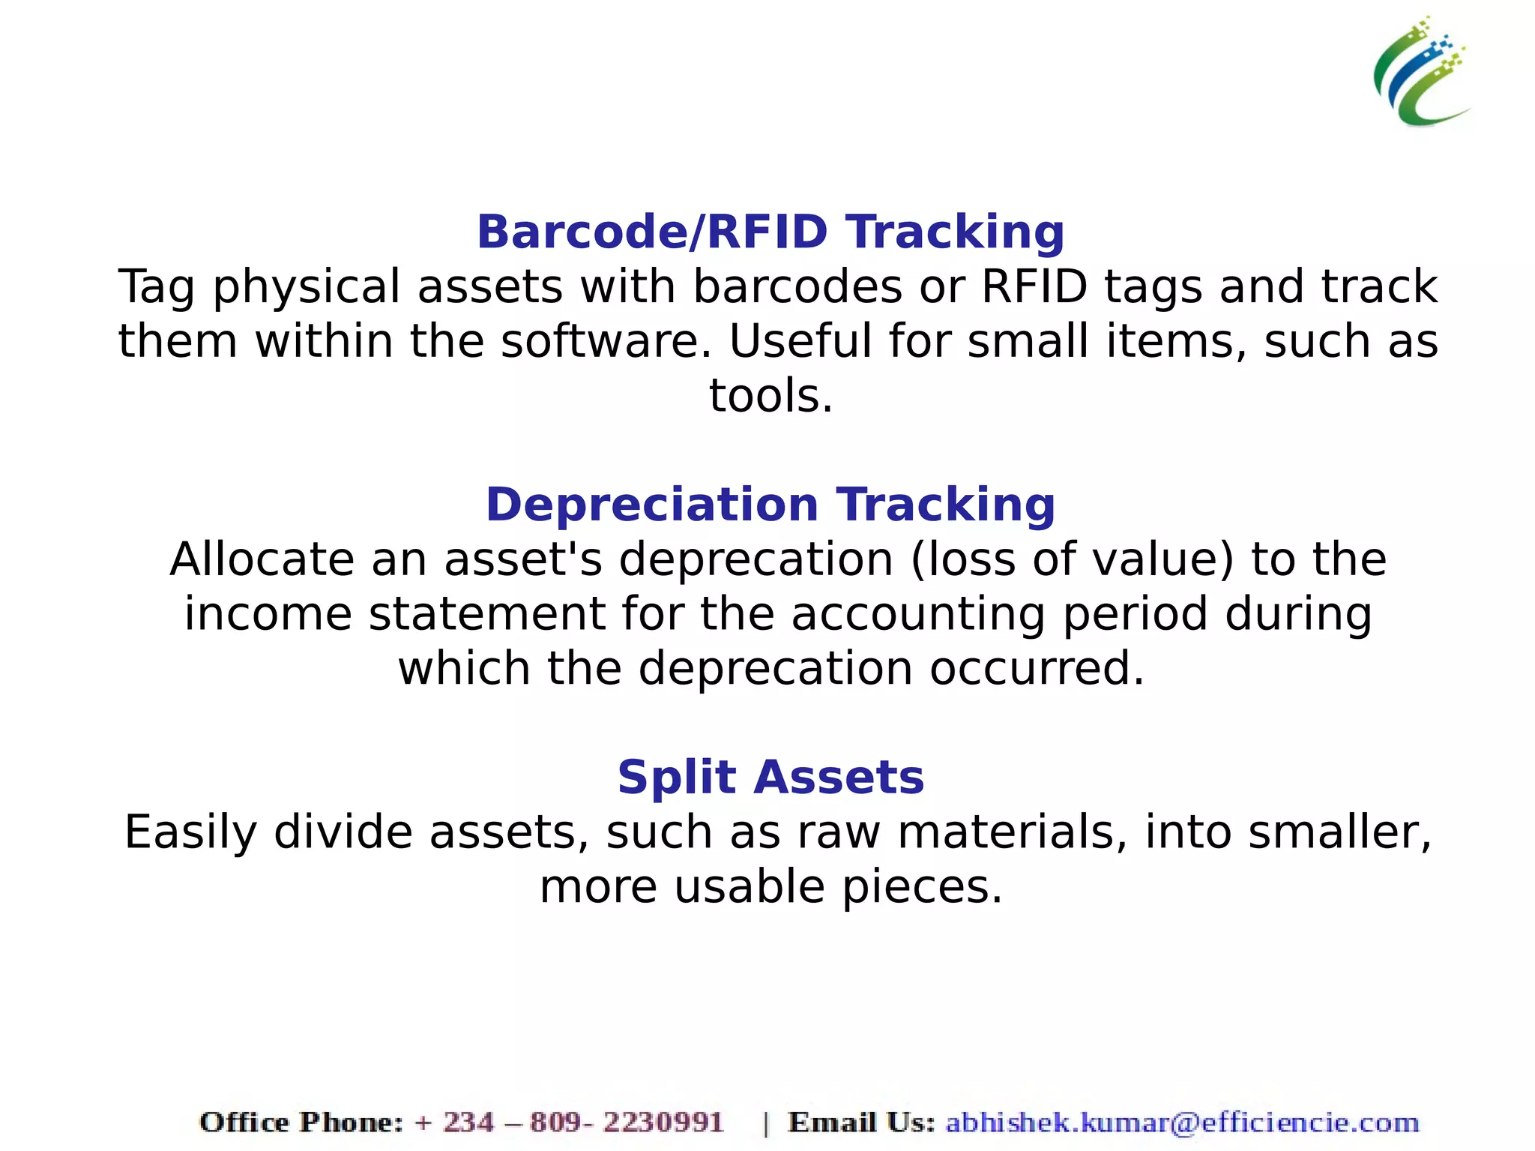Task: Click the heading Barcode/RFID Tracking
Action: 770,232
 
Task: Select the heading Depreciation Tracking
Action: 770,505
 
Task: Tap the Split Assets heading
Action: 770,778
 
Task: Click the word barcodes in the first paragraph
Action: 797,287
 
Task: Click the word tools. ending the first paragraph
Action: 770,396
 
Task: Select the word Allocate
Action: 262,560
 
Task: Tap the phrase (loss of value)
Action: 1072,560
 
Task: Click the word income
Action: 268,615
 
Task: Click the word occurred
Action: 1037,669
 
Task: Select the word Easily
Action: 190,833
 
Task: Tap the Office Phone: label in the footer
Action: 301,1123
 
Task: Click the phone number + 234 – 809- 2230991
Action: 569,1123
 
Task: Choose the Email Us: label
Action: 861,1123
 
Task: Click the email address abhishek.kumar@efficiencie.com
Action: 1182,1123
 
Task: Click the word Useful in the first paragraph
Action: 800,342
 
